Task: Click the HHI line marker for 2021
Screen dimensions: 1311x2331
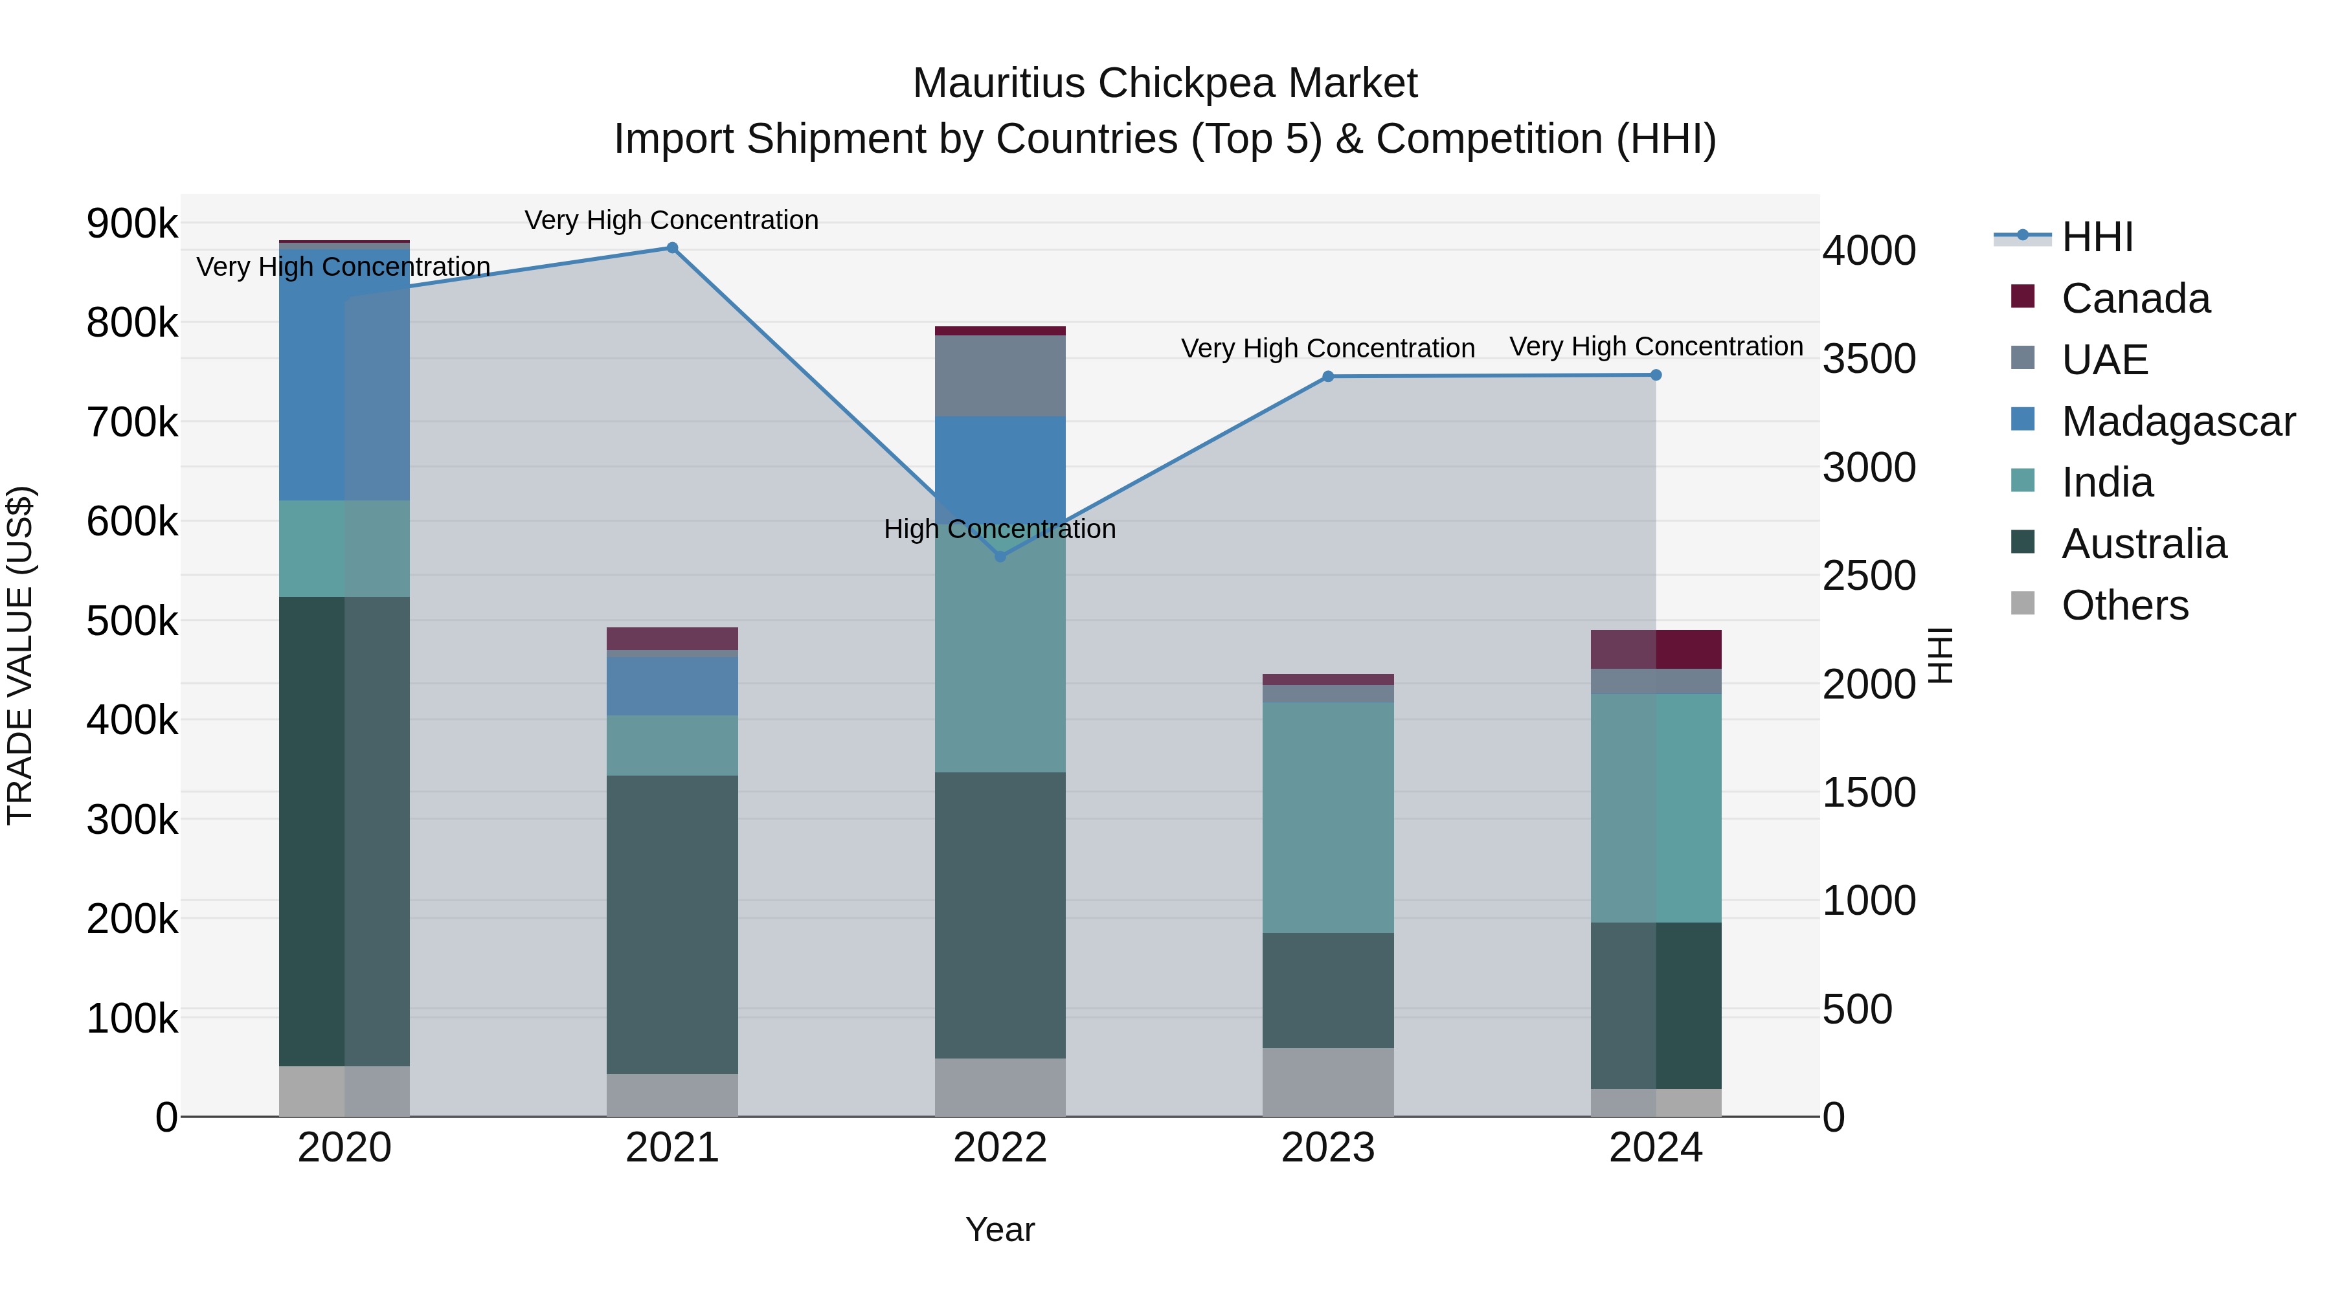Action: click(672, 248)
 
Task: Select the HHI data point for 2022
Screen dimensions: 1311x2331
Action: click(1000, 556)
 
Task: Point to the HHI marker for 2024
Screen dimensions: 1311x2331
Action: click(1656, 375)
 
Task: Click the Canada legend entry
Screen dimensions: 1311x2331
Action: click(2135, 298)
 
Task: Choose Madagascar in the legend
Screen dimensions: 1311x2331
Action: click(2177, 421)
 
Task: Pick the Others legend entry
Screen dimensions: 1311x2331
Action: click(2124, 605)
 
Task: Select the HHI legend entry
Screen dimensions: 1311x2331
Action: click(2097, 237)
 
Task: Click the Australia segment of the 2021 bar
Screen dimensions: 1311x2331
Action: click(672, 924)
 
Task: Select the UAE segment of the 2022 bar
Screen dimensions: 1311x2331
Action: click(1000, 375)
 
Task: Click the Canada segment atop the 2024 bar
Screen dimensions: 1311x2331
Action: click(1656, 649)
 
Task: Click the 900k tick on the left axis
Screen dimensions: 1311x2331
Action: click(132, 223)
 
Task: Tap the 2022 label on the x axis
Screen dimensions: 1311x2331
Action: click(1000, 1148)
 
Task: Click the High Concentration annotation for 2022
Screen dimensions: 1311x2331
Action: click(1000, 530)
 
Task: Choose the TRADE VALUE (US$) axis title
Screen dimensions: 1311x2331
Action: click(20, 655)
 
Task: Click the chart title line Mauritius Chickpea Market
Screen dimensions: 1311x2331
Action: click(1165, 84)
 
